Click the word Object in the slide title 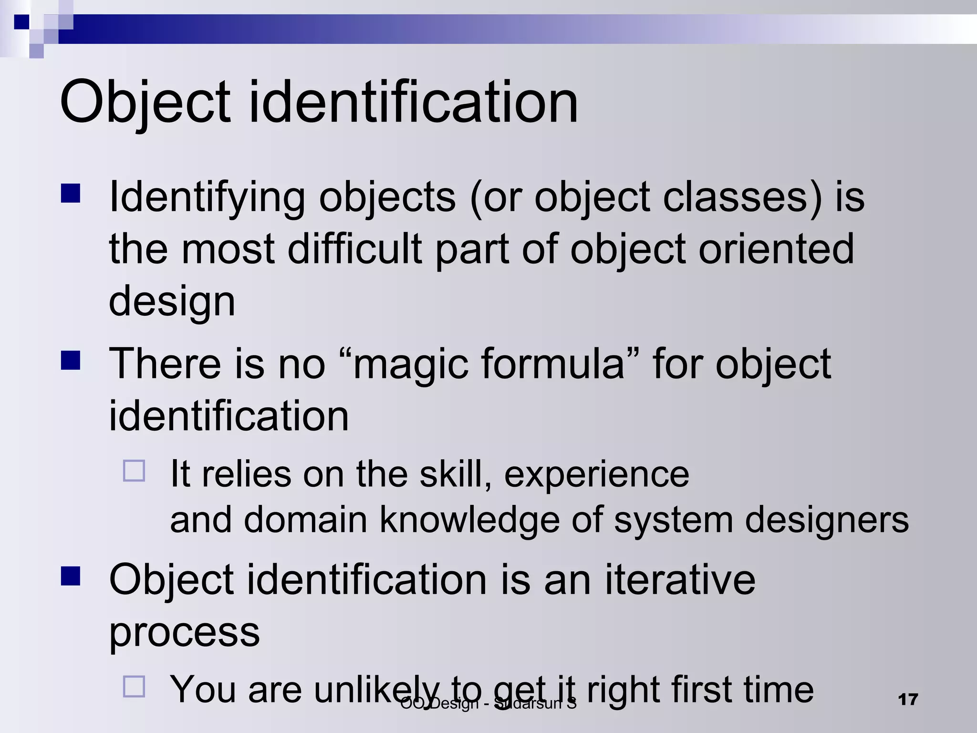[x=145, y=103]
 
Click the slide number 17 [x=907, y=700]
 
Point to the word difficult [x=354, y=249]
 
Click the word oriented [x=776, y=249]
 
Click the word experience [x=596, y=475]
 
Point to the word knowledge [x=469, y=520]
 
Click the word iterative [x=680, y=579]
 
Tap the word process [x=184, y=632]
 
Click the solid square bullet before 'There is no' [x=71, y=360]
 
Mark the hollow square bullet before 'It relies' [x=134, y=471]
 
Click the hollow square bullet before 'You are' [x=134, y=687]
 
